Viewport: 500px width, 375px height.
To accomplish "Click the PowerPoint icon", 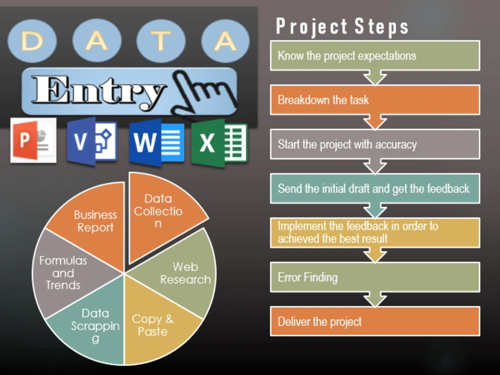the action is (x=33, y=140).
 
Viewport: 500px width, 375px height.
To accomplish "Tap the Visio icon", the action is (x=92, y=141).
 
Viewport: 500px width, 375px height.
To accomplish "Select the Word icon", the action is (x=156, y=142).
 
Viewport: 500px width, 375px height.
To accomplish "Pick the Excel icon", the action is (x=219, y=143).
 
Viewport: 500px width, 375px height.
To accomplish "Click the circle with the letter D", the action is (x=32, y=41).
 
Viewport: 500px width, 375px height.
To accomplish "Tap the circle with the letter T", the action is (x=160, y=41).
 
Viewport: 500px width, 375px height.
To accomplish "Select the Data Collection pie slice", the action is (x=159, y=213).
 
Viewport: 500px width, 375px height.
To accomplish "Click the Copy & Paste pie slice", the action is (x=156, y=322).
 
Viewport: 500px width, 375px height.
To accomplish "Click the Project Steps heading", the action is (x=342, y=26).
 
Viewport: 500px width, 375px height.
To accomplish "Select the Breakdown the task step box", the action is (x=375, y=100).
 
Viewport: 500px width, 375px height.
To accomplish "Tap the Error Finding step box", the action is (x=375, y=277).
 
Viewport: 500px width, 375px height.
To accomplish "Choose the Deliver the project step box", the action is (x=375, y=321).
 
